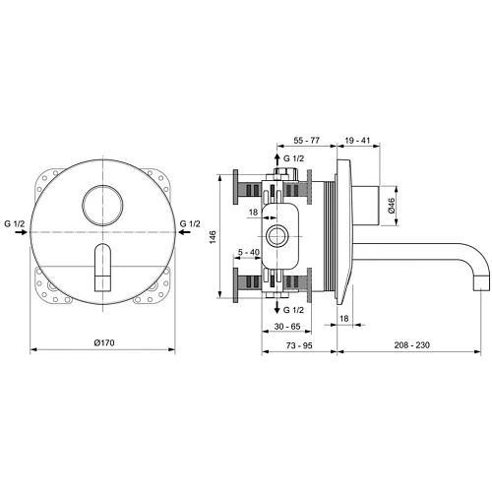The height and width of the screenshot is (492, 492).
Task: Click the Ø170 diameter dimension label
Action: click(105, 342)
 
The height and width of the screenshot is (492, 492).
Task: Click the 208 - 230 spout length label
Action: click(404, 346)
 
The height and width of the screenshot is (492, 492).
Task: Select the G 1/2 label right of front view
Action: click(193, 225)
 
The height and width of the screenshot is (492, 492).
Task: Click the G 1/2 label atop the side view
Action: click(293, 158)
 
